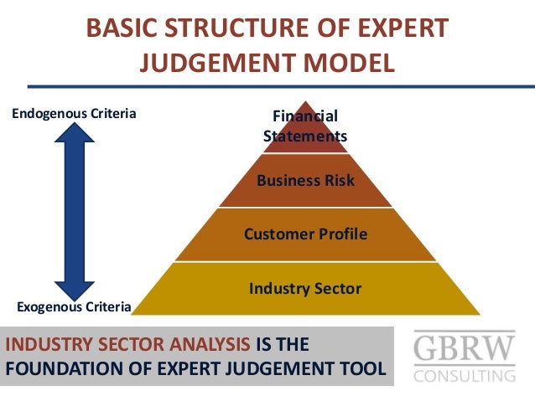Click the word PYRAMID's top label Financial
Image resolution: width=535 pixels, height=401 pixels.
305,116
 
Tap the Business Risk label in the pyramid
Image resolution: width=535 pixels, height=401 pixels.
305,180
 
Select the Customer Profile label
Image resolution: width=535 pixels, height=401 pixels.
305,234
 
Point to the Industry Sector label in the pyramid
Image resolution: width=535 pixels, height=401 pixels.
305,289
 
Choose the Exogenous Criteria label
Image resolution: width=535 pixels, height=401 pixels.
75,306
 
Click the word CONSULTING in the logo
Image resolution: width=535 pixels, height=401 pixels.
464,374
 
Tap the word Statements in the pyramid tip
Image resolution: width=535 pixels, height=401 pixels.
305,136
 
